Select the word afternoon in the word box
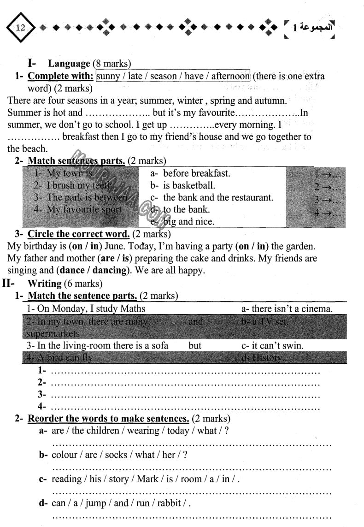tap(230, 76)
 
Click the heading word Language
tap(69, 64)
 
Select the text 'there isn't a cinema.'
tap(287, 308)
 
